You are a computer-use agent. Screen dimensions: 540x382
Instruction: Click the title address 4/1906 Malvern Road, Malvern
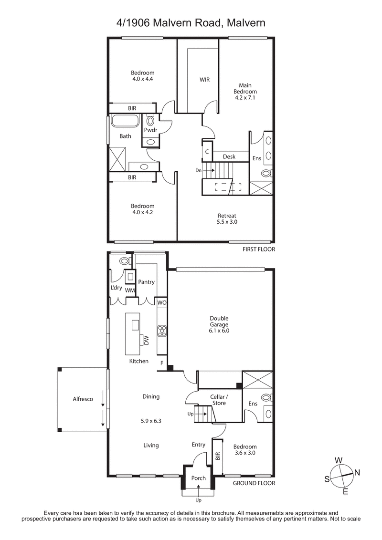pos(191,22)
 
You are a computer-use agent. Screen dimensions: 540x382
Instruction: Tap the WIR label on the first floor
pos(205,80)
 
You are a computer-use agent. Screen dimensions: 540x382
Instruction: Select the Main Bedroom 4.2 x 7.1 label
pos(245,92)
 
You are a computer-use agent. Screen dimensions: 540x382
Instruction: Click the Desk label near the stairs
pos(229,156)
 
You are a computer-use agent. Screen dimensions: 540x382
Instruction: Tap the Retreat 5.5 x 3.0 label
pos(227,218)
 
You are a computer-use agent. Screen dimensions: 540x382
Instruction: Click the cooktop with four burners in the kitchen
pos(161,330)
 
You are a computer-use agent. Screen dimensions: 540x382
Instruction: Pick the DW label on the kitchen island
pos(147,340)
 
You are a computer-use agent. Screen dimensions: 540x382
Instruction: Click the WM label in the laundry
pos(130,290)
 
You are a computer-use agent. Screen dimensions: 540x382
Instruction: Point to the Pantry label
pos(146,282)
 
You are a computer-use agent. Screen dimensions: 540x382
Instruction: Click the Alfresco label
pos(83,399)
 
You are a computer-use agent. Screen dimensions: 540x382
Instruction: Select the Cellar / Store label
pos(220,400)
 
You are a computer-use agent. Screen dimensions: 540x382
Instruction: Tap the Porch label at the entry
pos(198,478)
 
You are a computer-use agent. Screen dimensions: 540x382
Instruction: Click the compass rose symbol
pos(341,474)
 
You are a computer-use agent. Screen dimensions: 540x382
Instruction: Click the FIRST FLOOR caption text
pos(259,249)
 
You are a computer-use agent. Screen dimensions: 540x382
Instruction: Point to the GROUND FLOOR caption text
pos(254,483)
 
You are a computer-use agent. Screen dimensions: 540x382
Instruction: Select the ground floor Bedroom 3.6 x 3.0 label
pos(245,450)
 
